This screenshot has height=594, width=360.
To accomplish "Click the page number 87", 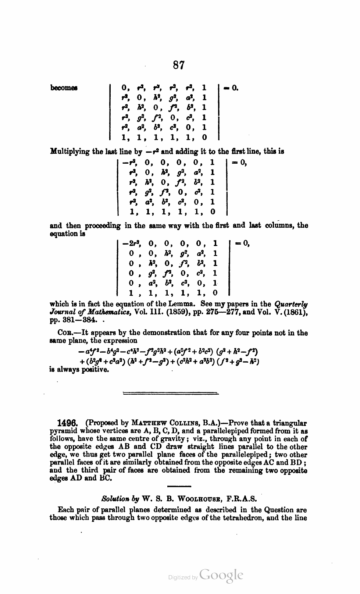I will (x=178, y=65).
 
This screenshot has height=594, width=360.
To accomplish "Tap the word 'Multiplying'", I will (x=70, y=151).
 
